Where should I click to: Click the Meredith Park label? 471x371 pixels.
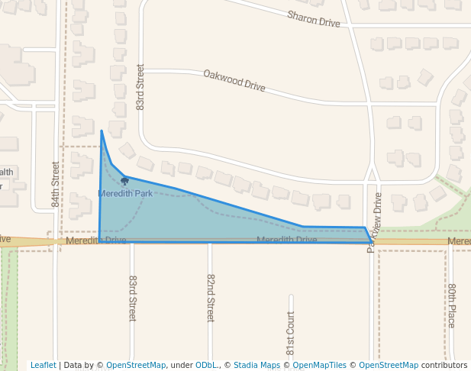point(125,194)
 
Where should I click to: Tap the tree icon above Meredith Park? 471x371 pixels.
point(124,182)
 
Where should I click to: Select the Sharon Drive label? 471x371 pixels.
point(313,19)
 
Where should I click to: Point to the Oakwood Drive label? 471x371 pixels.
point(234,80)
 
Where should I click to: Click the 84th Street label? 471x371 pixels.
point(56,184)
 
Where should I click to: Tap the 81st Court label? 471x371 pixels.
point(290,336)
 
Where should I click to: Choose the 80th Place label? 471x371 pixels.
point(452,305)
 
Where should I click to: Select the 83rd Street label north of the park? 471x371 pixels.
point(140,87)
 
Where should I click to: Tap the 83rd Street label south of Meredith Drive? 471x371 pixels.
point(132,298)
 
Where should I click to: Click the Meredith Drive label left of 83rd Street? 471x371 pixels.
point(95,240)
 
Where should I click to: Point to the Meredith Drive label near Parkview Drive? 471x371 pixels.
point(286,240)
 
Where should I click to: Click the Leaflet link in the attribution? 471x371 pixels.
point(44,365)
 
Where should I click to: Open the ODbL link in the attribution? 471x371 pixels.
point(206,365)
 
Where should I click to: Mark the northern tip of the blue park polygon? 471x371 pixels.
point(102,131)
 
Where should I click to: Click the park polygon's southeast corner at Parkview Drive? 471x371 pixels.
point(372,243)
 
